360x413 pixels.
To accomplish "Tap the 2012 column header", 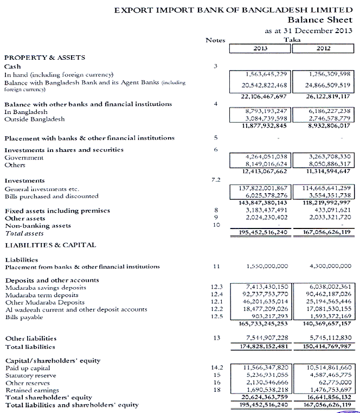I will point(324,49).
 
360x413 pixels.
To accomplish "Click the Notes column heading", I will point(215,40).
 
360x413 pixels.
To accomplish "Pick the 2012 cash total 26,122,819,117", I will point(324,96).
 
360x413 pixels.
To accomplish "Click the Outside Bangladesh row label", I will point(35,119).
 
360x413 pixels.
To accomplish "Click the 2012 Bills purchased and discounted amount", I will point(324,196).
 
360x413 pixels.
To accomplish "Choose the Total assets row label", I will point(24,233).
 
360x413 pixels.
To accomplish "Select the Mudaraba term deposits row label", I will point(41,295).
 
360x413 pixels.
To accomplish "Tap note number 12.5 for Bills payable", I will point(217,316).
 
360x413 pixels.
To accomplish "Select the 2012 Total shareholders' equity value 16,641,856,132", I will point(324,397).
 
